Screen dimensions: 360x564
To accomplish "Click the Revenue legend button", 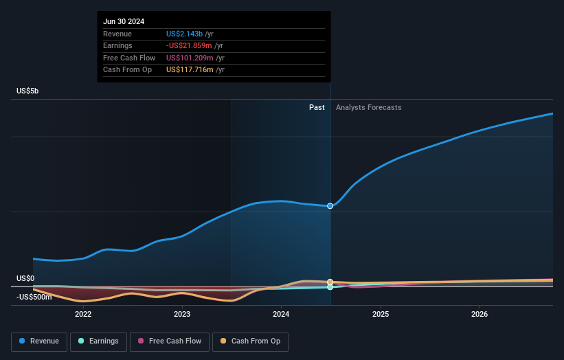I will (x=39, y=341).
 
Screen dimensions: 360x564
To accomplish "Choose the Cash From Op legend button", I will (x=251, y=341).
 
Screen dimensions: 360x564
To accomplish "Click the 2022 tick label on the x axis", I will (x=83, y=314).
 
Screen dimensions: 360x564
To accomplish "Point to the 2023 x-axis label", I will (x=182, y=314).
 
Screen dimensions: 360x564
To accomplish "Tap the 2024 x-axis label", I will (x=281, y=314).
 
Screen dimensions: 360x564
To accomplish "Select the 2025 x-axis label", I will (x=381, y=314).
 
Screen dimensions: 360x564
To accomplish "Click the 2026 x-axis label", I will (x=480, y=314).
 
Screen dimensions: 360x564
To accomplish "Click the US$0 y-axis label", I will (x=25, y=278).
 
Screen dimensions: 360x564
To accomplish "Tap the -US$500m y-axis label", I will (x=34, y=297).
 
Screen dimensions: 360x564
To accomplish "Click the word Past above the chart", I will (x=317, y=107).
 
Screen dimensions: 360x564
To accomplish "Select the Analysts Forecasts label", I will (x=368, y=107).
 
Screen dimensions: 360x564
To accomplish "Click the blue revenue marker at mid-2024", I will (x=330, y=206).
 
